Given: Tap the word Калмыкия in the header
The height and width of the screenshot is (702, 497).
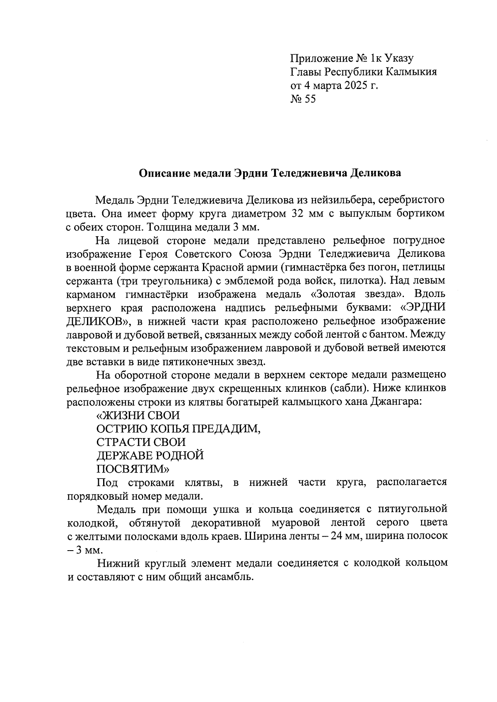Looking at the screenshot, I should [x=411, y=72].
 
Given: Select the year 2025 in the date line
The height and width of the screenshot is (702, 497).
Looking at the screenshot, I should [x=353, y=86].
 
